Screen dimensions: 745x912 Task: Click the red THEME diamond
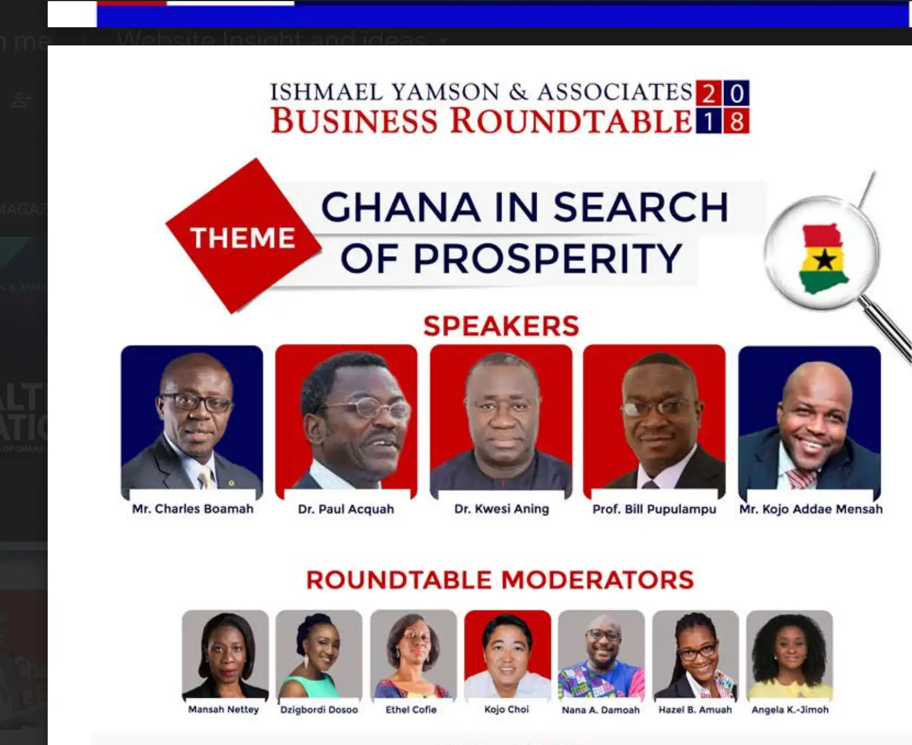tap(243, 237)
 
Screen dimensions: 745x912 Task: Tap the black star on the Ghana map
tap(825, 261)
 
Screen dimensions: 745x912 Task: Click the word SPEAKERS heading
tap(501, 326)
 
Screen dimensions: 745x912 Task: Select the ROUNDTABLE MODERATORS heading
tap(500, 580)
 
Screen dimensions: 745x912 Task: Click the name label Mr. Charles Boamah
tap(193, 509)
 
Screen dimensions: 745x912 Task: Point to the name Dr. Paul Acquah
tap(346, 509)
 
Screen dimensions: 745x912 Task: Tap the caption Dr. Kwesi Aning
tap(501, 509)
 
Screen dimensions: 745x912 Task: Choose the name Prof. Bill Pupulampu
tap(654, 509)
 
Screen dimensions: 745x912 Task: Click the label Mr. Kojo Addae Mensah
tap(810, 509)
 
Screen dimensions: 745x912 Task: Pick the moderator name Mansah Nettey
tap(223, 709)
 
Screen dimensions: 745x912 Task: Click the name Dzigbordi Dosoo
tap(319, 709)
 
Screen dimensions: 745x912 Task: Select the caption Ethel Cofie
tap(411, 709)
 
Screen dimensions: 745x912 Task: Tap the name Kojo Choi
tap(507, 709)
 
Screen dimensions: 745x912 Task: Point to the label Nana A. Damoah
tap(600, 709)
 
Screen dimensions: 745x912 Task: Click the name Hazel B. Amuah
tap(695, 709)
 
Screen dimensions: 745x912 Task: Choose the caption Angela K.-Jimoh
tap(790, 709)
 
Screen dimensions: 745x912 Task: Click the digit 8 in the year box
tap(737, 121)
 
